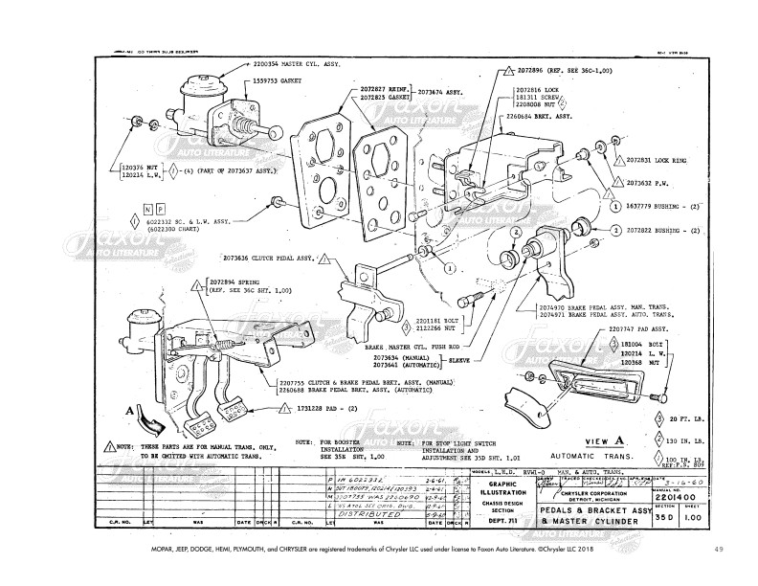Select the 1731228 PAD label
pyautogui.click(x=323, y=408)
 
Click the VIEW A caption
pyautogui.click(x=596, y=439)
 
